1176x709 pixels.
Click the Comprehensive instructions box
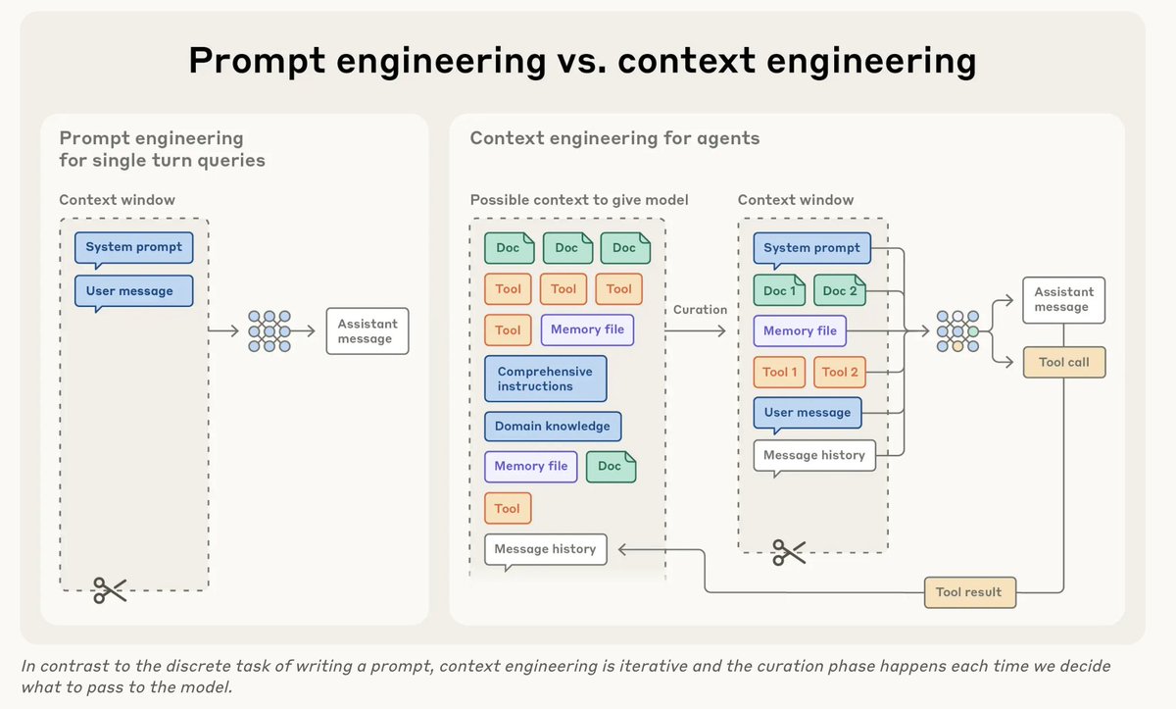[545, 379]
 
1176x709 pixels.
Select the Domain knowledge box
[553, 426]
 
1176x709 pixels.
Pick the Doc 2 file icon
[840, 290]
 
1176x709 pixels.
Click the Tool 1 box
[780, 372]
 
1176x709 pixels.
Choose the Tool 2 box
[840, 372]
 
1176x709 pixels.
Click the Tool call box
[1064, 362]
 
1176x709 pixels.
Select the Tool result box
[969, 591]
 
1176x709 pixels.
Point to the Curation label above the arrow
[700, 309]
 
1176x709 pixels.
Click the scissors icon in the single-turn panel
[110, 589]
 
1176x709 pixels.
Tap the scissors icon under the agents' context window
[789, 552]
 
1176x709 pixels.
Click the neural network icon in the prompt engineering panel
[269, 331]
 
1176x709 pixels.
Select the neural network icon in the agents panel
[957, 331]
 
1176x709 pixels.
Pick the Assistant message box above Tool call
[1064, 299]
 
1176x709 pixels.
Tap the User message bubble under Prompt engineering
[133, 291]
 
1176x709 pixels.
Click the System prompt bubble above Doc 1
[811, 248]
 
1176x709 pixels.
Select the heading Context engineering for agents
[614, 137]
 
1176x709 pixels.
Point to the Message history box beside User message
[813, 455]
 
